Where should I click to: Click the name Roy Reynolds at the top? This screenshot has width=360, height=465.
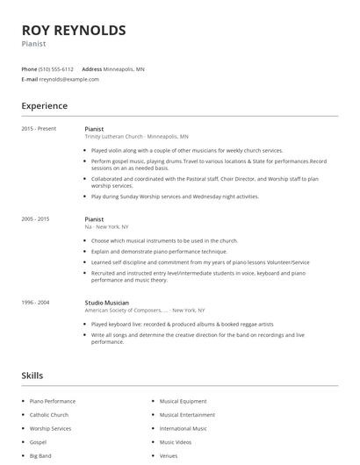pos(73,31)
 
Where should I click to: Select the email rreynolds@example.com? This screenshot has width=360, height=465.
pos(69,79)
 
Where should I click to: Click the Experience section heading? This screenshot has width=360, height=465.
pos(45,106)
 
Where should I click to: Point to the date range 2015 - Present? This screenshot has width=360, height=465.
pos(39,129)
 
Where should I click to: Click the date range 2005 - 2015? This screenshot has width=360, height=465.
pos(36,218)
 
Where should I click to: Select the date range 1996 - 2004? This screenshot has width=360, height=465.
pos(36,303)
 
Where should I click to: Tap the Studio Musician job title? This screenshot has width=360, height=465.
pos(106,303)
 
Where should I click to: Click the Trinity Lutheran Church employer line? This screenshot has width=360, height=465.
pos(136,137)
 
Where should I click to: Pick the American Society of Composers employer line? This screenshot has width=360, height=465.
pos(145,311)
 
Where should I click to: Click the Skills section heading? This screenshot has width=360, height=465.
pos(33,376)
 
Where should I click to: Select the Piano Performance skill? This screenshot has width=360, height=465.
pos(54,401)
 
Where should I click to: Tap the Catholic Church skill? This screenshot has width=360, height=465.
pos(49,415)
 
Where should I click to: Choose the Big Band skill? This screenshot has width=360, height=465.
pos(41,457)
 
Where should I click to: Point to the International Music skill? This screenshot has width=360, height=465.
pos(183,429)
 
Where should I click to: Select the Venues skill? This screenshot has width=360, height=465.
pos(169,457)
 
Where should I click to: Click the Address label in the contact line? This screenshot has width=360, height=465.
pos(91,68)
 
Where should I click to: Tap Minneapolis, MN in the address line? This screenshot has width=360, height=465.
pos(124,68)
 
